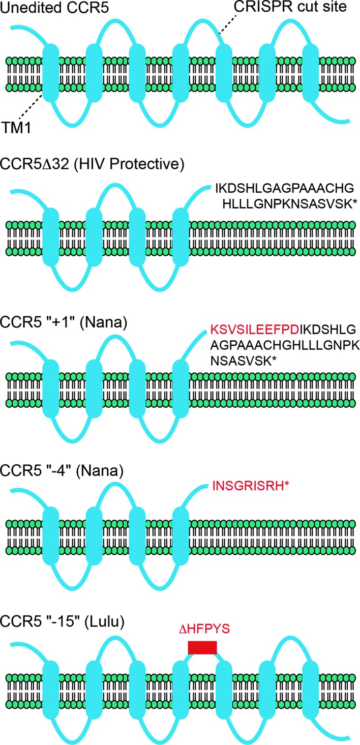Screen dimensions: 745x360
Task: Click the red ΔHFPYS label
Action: [203, 629]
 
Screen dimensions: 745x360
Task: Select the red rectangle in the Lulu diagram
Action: [202, 647]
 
